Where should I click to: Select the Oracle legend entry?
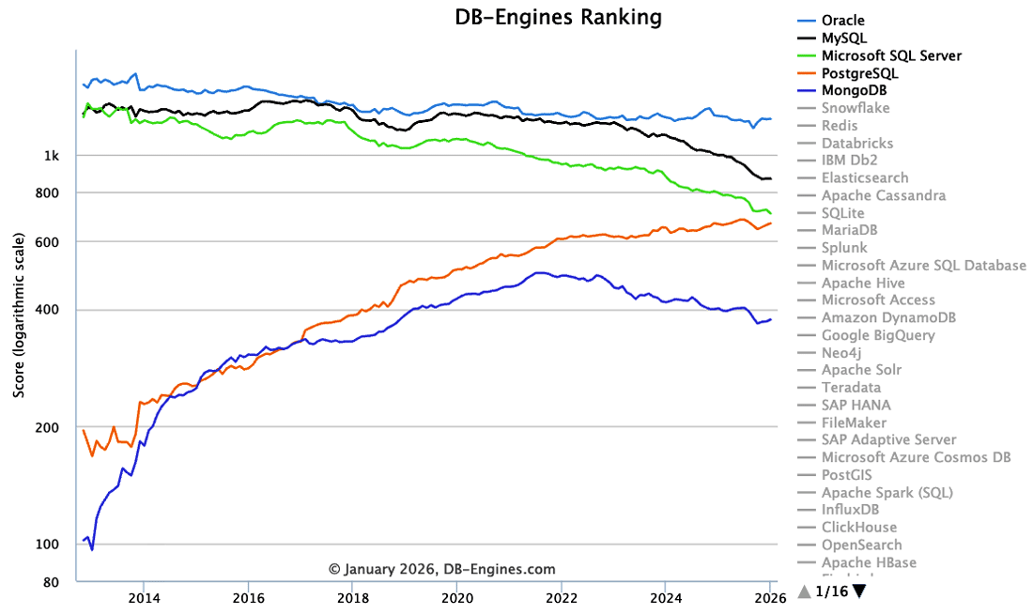tap(842, 21)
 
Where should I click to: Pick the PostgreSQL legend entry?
tap(859, 73)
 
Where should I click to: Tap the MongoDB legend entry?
tap(854, 91)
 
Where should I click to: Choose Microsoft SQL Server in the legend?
tap(891, 56)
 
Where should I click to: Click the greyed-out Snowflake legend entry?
tap(856, 108)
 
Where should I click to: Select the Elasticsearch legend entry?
tap(864, 178)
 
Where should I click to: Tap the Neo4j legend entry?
tap(840, 353)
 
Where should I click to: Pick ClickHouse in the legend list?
tap(858, 528)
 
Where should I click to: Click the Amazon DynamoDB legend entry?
tap(888, 318)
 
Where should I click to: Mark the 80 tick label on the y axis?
tap(53, 583)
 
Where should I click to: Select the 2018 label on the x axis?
tap(352, 596)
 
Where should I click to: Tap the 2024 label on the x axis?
tap(666, 596)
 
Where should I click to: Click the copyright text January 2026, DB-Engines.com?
tap(441, 569)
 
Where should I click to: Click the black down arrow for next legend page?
tap(858, 591)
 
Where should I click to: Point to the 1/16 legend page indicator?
tap(832, 591)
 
